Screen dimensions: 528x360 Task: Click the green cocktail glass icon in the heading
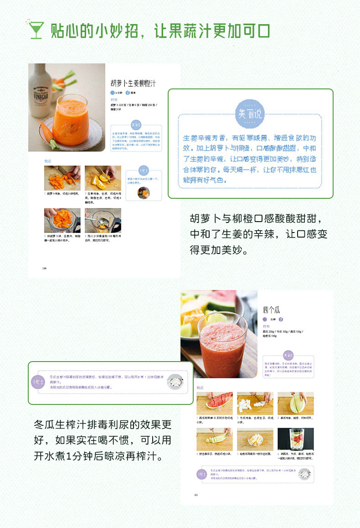click(x=35, y=30)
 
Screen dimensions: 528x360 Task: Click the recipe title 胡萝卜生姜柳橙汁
click(x=134, y=83)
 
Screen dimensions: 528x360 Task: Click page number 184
click(x=45, y=268)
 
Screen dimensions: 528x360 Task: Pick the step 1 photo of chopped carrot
click(x=62, y=178)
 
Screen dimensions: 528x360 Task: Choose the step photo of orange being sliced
click(x=103, y=178)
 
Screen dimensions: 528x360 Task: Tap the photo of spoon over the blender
click(x=103, y=221)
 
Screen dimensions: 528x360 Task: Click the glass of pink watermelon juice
click(x=223, y=344)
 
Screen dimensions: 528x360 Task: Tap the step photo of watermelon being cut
click(x=214, y=403)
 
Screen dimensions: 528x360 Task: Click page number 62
click(x=196, y=494)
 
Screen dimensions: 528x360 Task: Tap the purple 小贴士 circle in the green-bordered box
click(x=38, y=381)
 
